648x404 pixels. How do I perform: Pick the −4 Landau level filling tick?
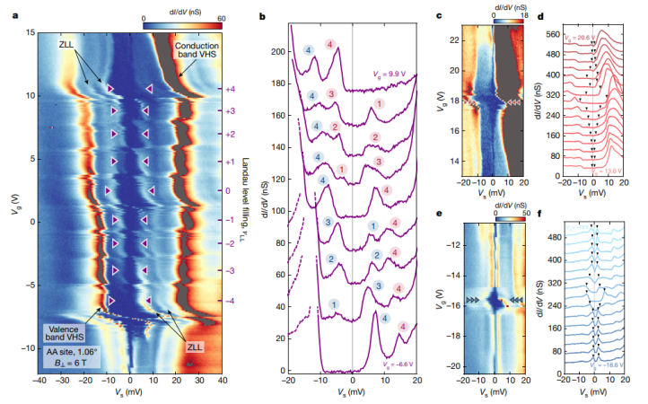pos(229,301)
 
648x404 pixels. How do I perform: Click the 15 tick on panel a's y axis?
pos(30,32)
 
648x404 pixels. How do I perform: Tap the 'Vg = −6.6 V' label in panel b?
pos(391,365)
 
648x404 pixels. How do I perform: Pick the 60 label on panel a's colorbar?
pos(220,17)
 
